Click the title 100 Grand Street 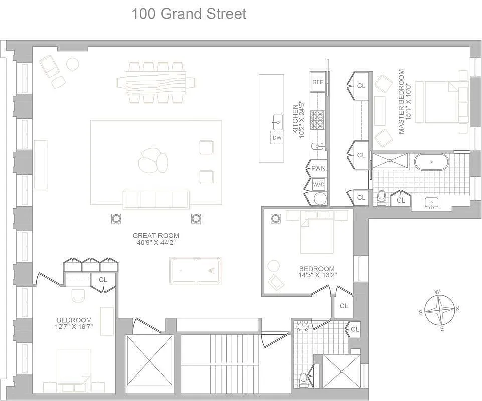coord(189,14)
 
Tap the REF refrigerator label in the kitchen coord(318,82)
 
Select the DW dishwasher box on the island coord(277,138)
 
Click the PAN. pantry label coord(318,168)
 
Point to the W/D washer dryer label coord(318,184)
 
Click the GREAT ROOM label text coord(155,235)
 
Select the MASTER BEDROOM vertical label coord(401,102)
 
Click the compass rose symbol coord(440,310)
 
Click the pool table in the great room coord(195,271)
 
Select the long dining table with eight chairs coord(156,82)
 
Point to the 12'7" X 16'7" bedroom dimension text coord(74,327)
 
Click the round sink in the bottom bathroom coord(302,326)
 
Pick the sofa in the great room coord(157,199)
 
